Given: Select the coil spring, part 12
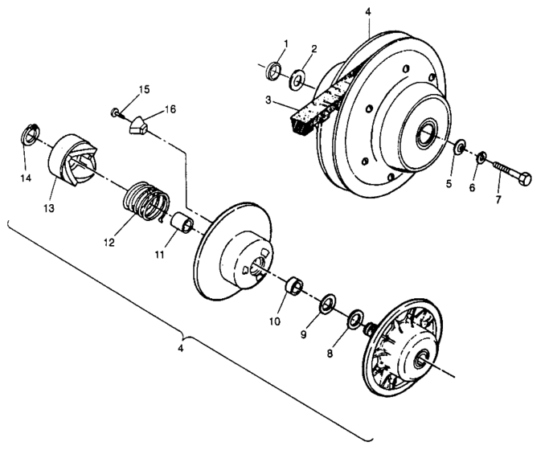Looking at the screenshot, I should (148, 203).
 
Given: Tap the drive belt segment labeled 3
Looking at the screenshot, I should (313, 112).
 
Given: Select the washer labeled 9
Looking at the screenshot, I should (328, 305).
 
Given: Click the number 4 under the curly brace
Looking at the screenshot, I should (181, 350).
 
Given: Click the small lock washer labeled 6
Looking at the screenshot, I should (482, 157).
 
